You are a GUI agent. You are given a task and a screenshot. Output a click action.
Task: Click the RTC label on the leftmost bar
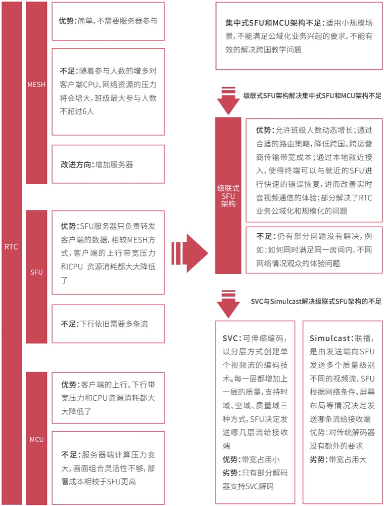pos(11,247)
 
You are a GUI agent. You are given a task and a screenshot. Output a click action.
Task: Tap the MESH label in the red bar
pos(36,85)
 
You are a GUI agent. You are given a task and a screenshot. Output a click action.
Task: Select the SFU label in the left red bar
pos(36,272)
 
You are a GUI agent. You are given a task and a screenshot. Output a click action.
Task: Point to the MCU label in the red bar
pos(36,440)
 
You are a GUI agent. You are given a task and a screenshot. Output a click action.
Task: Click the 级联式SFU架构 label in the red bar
pos(228,196)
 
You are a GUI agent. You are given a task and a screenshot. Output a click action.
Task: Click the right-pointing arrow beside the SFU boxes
pos(189,254)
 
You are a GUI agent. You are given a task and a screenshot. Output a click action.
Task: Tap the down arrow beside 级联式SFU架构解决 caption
pos(228,100)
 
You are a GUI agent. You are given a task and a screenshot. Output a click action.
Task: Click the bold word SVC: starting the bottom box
pos(231,338)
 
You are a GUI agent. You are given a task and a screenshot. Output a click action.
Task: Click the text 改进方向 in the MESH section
pos(77,164)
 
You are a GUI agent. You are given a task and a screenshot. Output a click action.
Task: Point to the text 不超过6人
pos(77,111)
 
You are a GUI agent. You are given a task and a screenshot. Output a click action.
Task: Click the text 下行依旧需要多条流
pos(114,324)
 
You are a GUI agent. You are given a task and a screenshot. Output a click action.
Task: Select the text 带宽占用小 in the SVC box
pos(261,459)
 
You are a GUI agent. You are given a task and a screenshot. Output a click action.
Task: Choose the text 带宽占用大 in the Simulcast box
pos(348,459)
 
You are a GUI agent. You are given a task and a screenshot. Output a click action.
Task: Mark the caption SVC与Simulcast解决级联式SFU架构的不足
pos(316,302)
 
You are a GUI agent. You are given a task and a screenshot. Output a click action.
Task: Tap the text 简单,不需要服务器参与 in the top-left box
pos(118,21)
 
